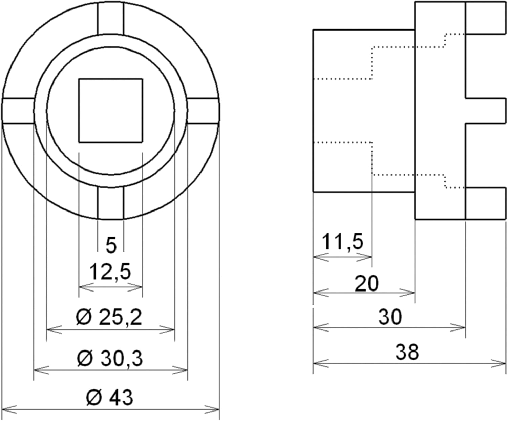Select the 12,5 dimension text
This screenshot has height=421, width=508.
click(x=110, y=272)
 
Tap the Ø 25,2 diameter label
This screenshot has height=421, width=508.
click(x=109, y=317)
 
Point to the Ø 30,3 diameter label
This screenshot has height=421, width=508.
click(x=110, y=358)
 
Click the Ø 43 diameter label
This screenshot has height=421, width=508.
click(x=109, y=397)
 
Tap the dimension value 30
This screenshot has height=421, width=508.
click(x=390, y=317)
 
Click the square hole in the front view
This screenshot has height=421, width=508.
click(x=110, y=111)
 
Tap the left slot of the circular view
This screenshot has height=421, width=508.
click(x=18, y=111)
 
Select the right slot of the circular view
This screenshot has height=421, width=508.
click(x=203, y=111)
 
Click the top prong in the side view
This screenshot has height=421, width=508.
click(x=486, y=18)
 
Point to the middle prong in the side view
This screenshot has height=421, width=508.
click(x=486, y=111)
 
